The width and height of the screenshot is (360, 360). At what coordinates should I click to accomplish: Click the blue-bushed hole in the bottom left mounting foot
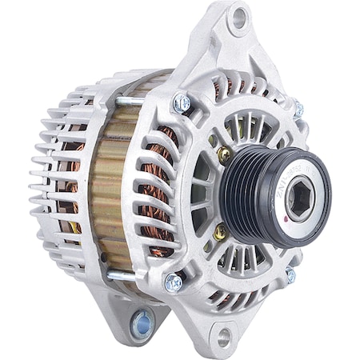pos(143,324)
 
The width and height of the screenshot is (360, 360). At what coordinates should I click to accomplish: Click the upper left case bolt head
pos(182,102)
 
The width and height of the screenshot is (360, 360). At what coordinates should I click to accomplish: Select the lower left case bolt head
pos(173,282)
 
